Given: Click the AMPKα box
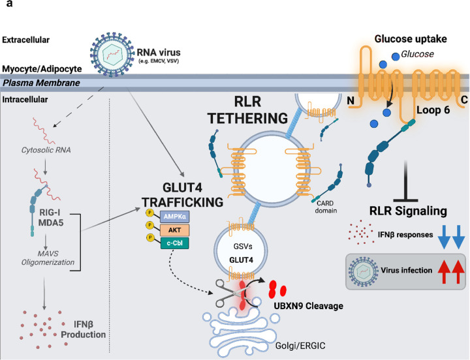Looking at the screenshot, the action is tap(175, 217).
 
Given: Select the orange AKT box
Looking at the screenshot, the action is tap(175, 230).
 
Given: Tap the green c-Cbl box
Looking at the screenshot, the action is tap(175, 243).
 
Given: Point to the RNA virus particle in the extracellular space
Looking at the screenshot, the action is tap(112, 55).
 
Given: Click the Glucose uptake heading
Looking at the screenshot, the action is tap(411, 39).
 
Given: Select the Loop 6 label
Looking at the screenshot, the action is tap(433, 110).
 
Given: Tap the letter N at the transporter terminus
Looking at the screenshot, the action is tap(351, 100).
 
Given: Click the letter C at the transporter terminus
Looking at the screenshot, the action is tap(464, 100).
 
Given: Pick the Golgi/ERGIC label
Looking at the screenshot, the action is tap(300, 346).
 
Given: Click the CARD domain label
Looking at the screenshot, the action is tap(326, 207).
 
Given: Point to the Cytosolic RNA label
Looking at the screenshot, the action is tap(46, 150).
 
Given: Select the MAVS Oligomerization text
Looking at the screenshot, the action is tap(48, 258).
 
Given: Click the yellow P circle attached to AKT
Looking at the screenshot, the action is tap(149, 225).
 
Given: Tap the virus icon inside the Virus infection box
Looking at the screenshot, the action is tap(363, 272).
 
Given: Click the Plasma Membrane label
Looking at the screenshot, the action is tap(41, 83).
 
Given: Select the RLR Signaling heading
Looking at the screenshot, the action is tap(408, 211).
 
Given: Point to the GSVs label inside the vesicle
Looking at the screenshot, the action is tap(243, 247).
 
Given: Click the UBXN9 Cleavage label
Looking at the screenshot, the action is tap(308, 306).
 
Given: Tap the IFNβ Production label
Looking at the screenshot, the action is tap(84, 329).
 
